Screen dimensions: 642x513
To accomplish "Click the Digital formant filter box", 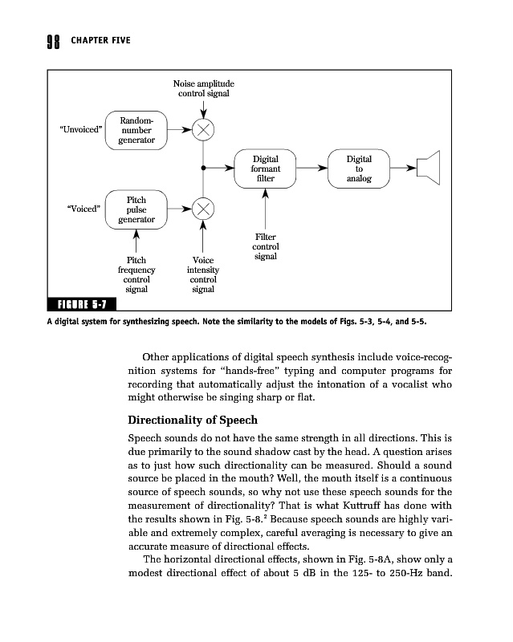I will click(x=265, y=169).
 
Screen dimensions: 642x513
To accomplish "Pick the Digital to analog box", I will click(x=358, y=169).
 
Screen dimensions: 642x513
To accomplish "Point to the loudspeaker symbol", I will click(x=430, y=169).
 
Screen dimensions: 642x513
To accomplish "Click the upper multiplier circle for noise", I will click(x=203, y=130).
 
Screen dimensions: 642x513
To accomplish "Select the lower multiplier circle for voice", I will click(x=203, y=209).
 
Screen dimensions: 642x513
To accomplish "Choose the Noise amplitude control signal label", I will click(x=203, y=88).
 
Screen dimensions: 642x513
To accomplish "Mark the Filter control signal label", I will click(x=265, y=247).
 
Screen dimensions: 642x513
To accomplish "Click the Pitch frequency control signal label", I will click(x=136, y=274).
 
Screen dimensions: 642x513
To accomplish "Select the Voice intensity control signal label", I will click(x=203, y=274).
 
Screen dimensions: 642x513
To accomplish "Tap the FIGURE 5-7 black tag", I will click(x=83, y=304).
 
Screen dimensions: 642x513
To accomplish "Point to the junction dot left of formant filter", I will click(x=203, y=169).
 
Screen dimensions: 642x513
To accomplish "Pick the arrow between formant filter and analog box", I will click(x=313, y=169).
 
